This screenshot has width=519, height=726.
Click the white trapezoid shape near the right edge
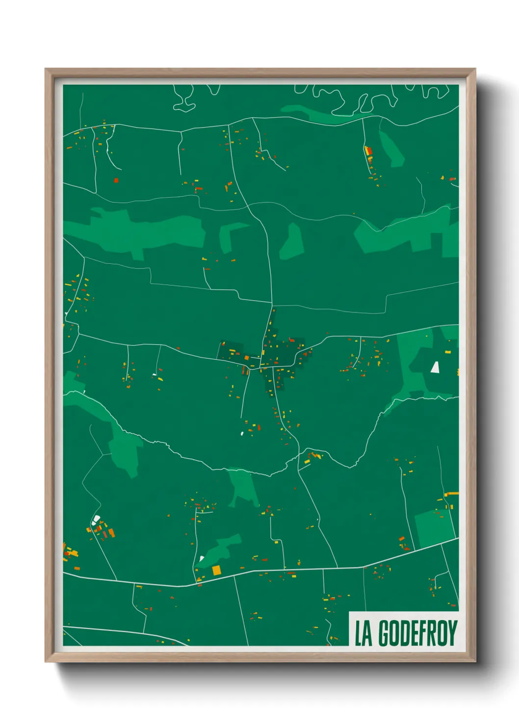[x=435, y=367]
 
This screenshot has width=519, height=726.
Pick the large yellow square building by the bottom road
[x=216, y=570]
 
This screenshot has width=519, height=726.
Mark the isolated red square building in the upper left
[x=116, y=180]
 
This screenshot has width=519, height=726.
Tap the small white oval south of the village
[x=242, y=433]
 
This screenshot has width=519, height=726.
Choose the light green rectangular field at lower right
[x=434, y=528]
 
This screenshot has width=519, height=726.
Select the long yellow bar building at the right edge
[x=451, y=493]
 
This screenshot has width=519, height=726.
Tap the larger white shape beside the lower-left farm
[x=96, y=519]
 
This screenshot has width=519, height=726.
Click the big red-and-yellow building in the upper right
[x=368, y=151]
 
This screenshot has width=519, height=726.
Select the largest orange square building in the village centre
[x=247, y=358]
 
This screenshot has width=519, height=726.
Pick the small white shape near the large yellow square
[x=202, y=558]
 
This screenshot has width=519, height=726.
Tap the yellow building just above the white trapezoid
[x=448, y=352]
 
